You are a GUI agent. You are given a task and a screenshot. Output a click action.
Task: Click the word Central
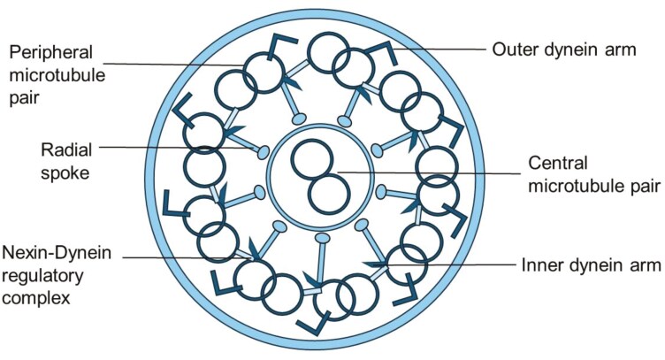[555, 164]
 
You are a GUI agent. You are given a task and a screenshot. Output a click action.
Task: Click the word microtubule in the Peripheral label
[56, 75]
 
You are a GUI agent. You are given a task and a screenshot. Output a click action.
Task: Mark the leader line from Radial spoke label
[177, 148]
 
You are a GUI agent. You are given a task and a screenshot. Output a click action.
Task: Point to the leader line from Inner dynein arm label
[442, 264]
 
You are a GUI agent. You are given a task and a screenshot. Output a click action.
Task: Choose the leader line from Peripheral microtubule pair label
[177, 62]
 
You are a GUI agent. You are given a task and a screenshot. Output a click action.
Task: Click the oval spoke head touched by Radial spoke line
[263, 153]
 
